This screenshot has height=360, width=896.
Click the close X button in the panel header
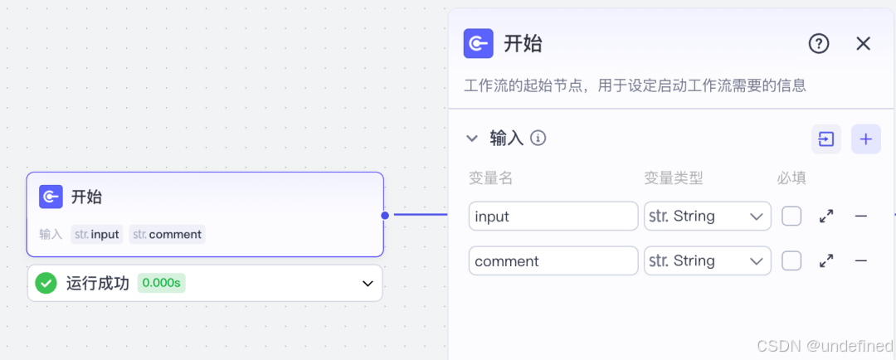click(863, 44)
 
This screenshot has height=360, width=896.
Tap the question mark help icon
click(819, 44)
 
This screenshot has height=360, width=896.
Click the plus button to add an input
click(865, 139)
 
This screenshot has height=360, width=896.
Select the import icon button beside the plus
click(826, 139)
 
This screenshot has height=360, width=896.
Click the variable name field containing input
click(553, 216)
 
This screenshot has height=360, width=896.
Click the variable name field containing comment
click(553, 261)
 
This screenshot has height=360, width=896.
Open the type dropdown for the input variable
click(707, 216)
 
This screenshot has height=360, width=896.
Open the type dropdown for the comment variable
click(707, 261)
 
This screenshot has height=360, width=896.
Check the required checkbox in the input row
click(791, 216)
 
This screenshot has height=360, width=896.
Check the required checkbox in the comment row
click(791, 261)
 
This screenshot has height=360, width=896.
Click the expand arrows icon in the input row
click(826, 216)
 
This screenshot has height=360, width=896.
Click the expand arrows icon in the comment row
click(826, 261)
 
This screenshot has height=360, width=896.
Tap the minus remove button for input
click(861, 216)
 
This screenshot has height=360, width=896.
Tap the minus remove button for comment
click(861, 261)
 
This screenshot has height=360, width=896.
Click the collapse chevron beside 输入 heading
click(472, 139)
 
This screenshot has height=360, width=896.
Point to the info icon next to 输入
click(538, 138)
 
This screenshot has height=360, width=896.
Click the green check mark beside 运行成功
click(46, 284)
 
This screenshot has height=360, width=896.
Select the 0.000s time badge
click(161, 284)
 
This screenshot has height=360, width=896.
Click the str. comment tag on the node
click(168, 235)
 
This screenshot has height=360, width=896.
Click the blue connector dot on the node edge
click(385, 216)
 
